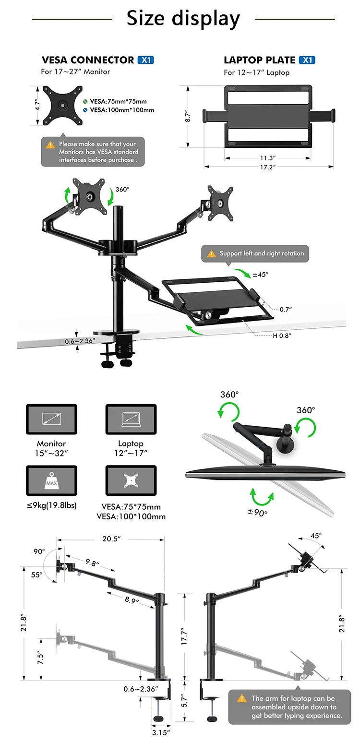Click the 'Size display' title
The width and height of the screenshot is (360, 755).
[x=183, y=18]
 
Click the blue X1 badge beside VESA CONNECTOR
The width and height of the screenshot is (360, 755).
[x=145, y=60]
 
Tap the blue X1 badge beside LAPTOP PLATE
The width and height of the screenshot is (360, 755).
[x=307, y=60]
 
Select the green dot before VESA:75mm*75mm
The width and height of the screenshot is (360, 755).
[x=85, y=101]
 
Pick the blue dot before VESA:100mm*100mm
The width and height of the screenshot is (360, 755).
[x=85, y=110]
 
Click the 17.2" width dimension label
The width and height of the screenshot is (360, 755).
[x=268, y=167]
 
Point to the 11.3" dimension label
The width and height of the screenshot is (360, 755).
[x=268, y=158]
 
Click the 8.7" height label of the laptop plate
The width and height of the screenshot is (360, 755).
[x=188, y=116]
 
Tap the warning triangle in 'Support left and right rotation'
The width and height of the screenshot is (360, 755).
[x=211, y=254]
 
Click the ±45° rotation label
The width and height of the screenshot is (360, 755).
[x=261, y=275]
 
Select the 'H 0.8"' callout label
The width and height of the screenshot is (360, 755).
[x=282, y=336]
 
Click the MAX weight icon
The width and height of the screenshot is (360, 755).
[x=51, y=480]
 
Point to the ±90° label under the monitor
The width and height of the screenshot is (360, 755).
[x=257, y=512]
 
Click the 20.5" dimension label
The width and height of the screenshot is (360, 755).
[x=111, y=539]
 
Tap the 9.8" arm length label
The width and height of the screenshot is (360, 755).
[x=92, y=563]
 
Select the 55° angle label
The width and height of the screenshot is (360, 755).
[x=37, y=575]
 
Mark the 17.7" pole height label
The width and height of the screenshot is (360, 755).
[x=184, y=636]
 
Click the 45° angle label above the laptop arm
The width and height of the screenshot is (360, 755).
[x=316, y=536]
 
